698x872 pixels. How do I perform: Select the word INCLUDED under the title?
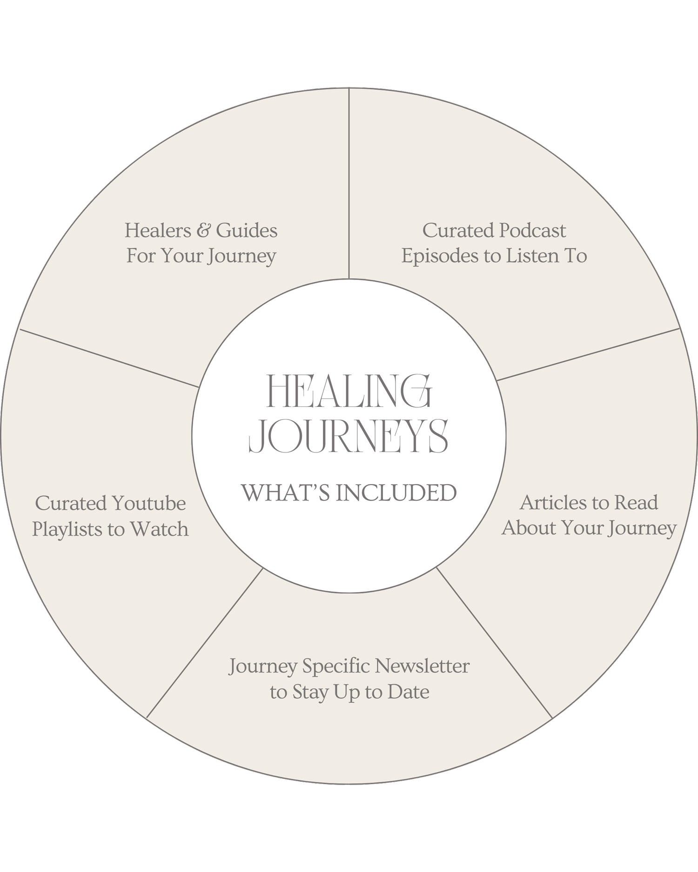[396, 493]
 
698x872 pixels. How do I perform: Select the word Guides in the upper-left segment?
[247, 231]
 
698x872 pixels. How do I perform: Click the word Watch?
[159, 530]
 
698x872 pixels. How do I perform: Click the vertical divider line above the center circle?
[349, 186]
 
